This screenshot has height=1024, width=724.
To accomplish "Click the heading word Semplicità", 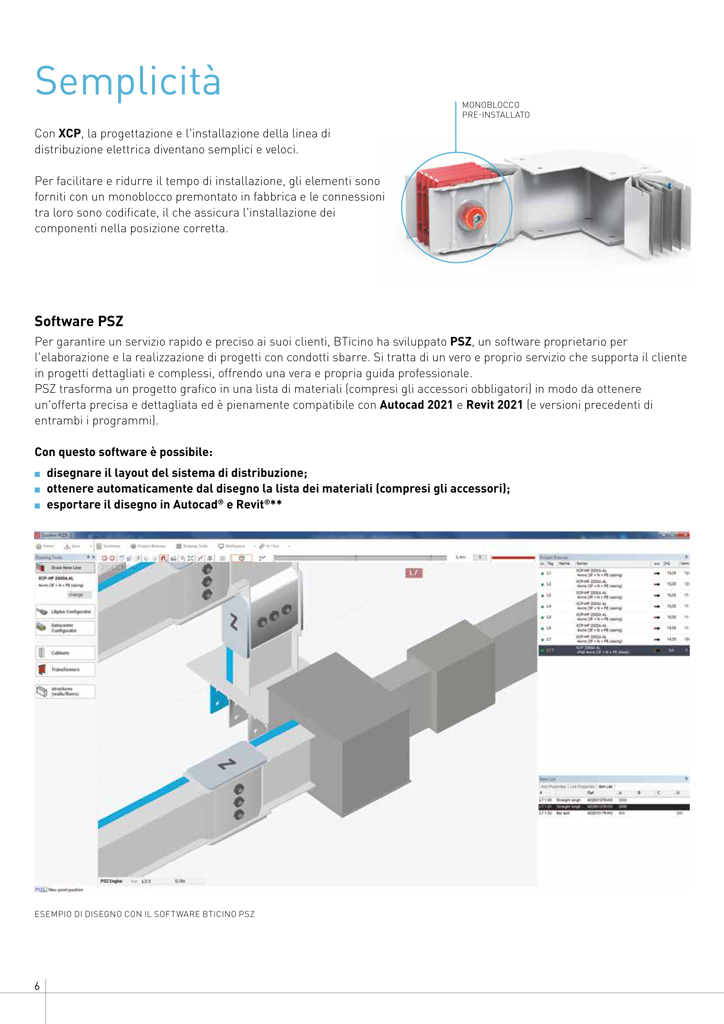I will [128, 82].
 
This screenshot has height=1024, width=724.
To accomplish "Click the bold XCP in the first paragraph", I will [70, 133].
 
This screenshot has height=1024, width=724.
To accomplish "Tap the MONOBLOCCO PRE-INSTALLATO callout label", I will [496, 110].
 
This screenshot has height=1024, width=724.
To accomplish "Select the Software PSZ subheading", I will [79, 321].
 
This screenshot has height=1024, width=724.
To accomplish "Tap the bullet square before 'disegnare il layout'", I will [37, 474].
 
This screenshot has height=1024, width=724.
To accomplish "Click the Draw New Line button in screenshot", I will [65, 568].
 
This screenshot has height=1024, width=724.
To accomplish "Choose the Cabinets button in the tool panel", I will [65, 653].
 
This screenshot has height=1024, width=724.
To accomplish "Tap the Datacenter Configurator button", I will [65, 628].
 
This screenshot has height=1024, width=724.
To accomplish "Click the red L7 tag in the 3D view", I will [413, 573].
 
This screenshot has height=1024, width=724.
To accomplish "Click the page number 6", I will [37, 986].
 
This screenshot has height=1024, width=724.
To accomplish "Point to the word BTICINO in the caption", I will [219, 914].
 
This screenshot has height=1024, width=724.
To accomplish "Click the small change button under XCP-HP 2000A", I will [75, 595].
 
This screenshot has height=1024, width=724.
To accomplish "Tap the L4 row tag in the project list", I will [549, 606].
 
